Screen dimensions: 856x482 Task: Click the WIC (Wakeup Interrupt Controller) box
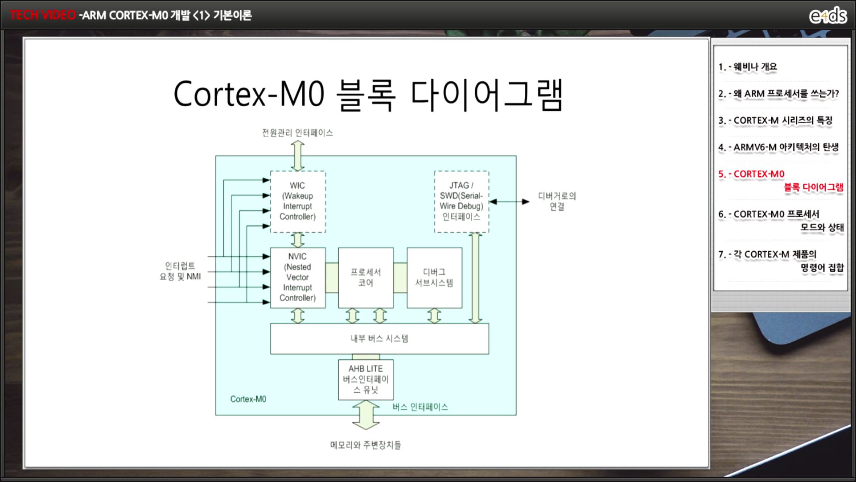pyautogui.click(x=298, y=202)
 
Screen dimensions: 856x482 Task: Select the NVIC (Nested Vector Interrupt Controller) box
pyautogui.click(x=298, y=278)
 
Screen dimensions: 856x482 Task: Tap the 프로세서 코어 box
pyautogui.click(x=366, y=278)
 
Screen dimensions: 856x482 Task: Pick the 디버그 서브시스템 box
pyautogui.click(x=434, y=278)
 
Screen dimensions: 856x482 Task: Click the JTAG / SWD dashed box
pyautogui.click(x=461, y=202)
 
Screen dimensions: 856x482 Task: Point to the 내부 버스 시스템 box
pyautogui.click(x=379, y=339)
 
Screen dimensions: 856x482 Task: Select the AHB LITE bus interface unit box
pyautogui.click(x=366, y=380)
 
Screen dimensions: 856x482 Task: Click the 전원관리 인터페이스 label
pyautogui.click(x=297, y=133)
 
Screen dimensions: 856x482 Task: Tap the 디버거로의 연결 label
pyautogui.click(x=557, y=201)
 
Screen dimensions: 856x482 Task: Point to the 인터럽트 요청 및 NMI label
pyautogui.click(x=180, y=271)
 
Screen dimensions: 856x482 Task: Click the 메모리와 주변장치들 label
pyautogui.click(x=366, y=445)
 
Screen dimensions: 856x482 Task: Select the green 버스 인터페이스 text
pyautogui.click(x=420, y=407)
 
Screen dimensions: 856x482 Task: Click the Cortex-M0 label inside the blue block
pyautogui.click(x=248, y=399)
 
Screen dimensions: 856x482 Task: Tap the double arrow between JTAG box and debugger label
pyautogui.click(x=509, y=202)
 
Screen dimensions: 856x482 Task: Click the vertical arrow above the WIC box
pyautogui.click(x=297, y=156)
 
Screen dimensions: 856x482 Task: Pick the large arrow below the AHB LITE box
pyautogui.click(x=366, y=415)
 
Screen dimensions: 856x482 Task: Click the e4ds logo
pyautogui.click(x=828, y=16)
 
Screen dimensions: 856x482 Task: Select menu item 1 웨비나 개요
pyautogui.click(x=748, y=67)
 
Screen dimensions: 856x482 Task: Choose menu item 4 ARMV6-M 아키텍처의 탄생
pyautogui.click(x=778, y=147)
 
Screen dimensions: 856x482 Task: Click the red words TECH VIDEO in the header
pyautogui.click(x=43, y=15)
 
